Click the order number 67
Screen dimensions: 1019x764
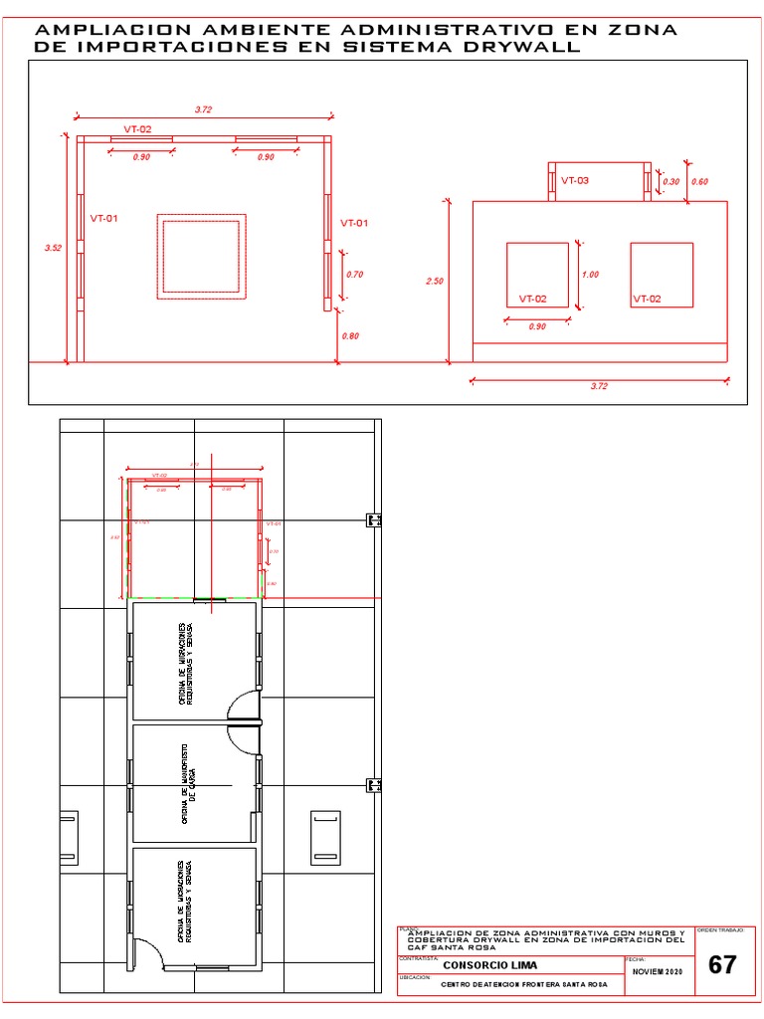[723, 965]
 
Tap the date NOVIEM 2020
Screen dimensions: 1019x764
[660, 971]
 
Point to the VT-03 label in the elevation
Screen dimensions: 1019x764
[575, 181]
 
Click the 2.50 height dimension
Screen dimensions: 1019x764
[434, 282]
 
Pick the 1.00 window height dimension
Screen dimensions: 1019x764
[590, 275]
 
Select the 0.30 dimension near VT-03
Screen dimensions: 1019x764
[671, 182]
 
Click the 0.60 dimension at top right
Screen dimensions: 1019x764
[699, 182]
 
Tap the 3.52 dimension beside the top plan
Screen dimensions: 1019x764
[53, 248]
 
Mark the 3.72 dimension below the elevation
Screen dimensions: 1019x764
[598, 386]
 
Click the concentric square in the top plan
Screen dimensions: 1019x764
[201, 256]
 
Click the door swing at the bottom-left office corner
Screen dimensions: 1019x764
[149, 953]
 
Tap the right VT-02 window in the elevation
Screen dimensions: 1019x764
[662, 275]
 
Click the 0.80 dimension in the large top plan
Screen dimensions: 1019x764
[350, 336]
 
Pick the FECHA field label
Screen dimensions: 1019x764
[636, 958]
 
